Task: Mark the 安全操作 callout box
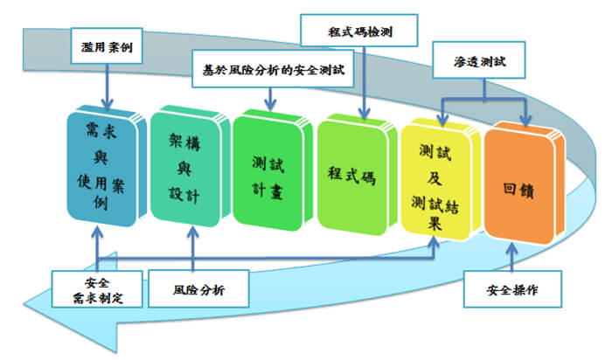[511, 289]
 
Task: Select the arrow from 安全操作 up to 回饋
[511, 257]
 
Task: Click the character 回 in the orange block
[511, 186]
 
